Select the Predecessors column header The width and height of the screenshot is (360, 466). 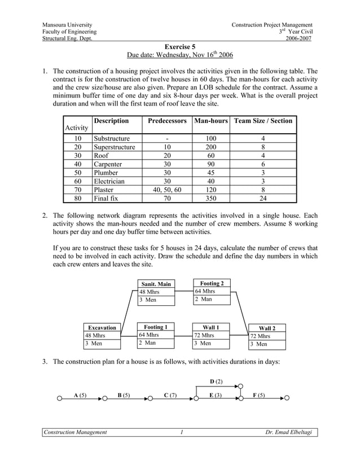[x=167, y=121]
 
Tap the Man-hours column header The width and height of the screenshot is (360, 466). [x=210, y=121]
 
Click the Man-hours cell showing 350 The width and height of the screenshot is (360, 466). [x=210, y=198]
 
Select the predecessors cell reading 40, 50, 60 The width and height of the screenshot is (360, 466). [x=167, y=190]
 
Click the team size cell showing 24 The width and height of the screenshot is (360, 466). [x=263, y=198]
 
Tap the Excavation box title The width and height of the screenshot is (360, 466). [x=102, y=327]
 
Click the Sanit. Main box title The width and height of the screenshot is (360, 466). [x=156, y=284]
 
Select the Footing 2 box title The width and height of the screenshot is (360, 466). [x=212, y=283]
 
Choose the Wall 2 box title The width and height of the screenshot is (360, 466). [x=267, y=328]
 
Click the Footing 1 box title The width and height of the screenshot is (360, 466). [x=155, y=327]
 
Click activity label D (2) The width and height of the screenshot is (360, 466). [x=216, y=381]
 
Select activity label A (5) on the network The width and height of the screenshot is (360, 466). [x=80, y=395]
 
